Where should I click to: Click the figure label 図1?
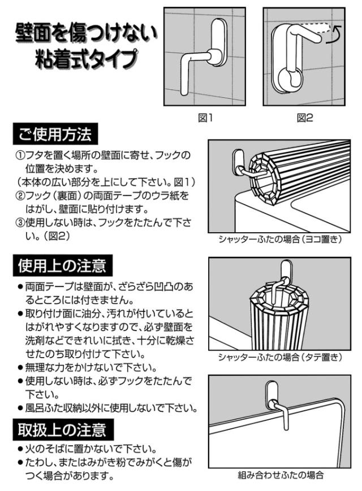point(205,118)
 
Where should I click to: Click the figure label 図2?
point(305,118)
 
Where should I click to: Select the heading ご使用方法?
point(55,134)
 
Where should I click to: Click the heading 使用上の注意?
point(62,266)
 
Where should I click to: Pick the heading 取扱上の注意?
point(62,429)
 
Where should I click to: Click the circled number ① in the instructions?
point(20,155)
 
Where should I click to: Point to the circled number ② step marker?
point(20,195)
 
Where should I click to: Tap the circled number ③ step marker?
point(20,223)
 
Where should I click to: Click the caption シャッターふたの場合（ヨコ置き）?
point(279,239)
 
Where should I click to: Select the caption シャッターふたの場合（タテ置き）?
point(279,357)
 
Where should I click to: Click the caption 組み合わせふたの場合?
point(280,475)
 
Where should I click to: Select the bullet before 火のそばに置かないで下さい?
point(20,450)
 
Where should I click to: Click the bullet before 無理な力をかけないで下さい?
point(20,368)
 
